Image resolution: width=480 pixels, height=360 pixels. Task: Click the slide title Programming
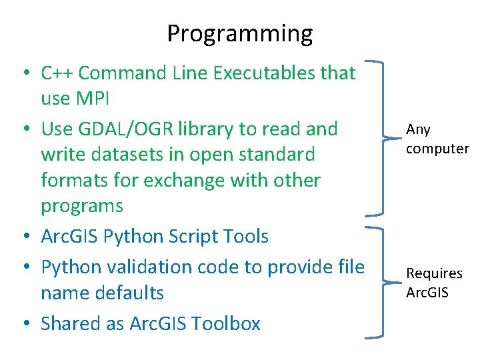pos(239,33)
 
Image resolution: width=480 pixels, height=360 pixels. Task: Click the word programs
pos(82,207)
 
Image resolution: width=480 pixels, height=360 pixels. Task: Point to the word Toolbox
pos(225,324)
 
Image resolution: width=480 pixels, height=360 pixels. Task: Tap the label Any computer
pos(437,139)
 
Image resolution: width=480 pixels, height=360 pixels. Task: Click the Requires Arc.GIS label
pos(435,283)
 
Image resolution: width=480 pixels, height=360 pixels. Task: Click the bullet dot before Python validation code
pos(27,268)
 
